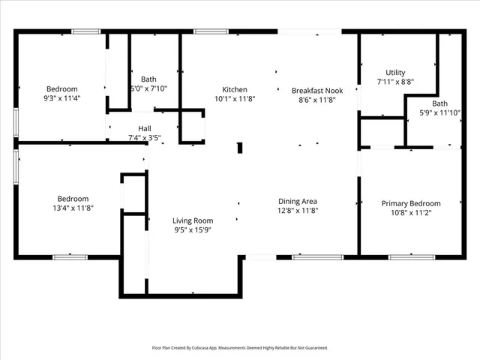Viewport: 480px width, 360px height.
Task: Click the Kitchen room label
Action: (x=235, y=89)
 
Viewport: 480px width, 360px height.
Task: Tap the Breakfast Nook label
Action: (x=317, y=90)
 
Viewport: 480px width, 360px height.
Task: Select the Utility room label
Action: (x=395, y=73)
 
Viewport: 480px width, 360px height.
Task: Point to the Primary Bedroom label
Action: (x=411, y=203)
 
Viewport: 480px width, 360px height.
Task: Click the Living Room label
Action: (x=193, y=220)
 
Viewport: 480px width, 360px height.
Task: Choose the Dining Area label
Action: (x=298, y=201)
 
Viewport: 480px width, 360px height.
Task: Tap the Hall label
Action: (x=144, y=128)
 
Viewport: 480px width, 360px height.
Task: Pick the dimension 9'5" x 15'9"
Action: (x=193, y=230)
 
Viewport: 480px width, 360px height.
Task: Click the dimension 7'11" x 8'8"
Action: (x=395, y=82)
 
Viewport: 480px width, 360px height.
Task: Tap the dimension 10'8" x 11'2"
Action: (x=411, y=212)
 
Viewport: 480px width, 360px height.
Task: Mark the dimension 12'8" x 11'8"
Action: (x=298, y=211)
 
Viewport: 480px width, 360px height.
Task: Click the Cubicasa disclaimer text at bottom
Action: (x=240, y=348)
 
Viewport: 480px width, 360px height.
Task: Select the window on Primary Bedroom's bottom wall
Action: (x=411, y=257)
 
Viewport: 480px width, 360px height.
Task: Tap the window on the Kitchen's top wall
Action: (x=206, y=31)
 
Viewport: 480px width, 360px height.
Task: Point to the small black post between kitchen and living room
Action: (x=240, y=148)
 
